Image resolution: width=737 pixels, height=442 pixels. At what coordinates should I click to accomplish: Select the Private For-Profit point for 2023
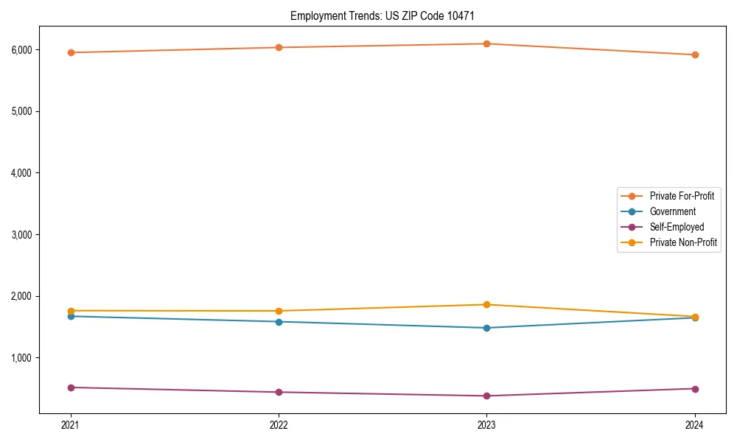coord(486,43)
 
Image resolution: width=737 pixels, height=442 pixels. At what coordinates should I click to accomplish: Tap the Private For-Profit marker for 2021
coord(71,52)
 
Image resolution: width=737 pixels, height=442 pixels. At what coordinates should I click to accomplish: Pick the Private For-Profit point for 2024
coord(695,55)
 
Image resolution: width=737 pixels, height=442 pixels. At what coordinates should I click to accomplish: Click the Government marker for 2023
coord(486,328)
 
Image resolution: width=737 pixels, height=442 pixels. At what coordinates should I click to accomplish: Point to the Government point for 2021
coord(71,316)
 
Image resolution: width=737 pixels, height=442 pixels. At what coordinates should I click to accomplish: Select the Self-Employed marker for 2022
coord(279,392)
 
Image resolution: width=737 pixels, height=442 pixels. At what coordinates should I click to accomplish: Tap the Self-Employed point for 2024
coord(695,388)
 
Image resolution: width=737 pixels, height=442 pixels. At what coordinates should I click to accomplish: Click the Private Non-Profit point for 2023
coord(486,304)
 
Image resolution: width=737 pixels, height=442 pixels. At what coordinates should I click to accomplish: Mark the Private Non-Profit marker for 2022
coord(279,311)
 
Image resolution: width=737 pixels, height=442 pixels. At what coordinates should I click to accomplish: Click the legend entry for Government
coord(672,211)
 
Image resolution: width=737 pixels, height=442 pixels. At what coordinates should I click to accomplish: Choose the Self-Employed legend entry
coord(677,227)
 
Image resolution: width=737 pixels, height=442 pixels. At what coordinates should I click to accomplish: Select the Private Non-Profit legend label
coord(683,242)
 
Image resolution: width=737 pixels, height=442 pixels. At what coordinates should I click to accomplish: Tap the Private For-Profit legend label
coord(682,196)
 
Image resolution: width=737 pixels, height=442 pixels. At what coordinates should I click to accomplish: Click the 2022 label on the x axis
coord(279,424)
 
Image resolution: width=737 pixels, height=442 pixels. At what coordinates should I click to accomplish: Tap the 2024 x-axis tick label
coord(695,424)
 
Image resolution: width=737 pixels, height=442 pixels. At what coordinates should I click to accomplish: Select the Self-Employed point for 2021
coord(71,387)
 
